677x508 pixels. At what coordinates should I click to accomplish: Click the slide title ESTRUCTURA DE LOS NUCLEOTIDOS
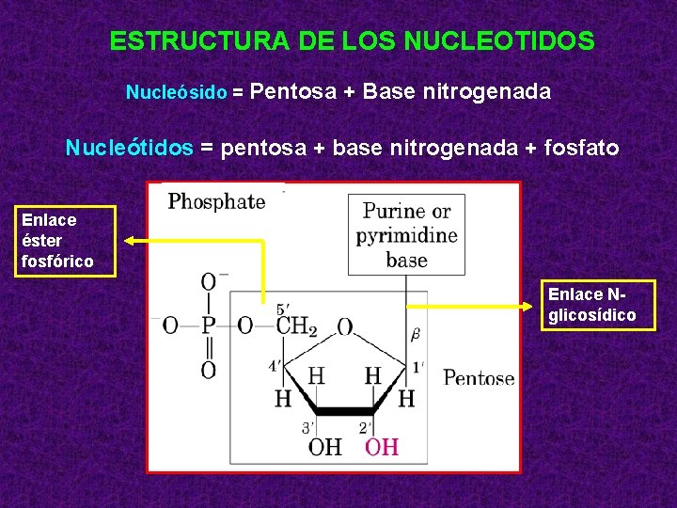click(352, 41)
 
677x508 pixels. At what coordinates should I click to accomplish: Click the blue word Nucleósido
click(177, 93)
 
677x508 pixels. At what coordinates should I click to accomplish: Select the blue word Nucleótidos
click(129, 148)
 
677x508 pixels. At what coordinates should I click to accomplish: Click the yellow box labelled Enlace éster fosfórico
click(70, 241)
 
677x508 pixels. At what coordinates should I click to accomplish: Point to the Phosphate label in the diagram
click(216, 200)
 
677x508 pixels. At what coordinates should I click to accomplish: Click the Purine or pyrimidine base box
click(406, 235)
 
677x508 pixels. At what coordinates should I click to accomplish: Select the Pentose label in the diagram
click(479, 378)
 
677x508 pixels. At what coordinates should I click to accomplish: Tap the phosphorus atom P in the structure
click(209, 325)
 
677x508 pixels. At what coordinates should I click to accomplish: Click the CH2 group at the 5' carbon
click(297, 326)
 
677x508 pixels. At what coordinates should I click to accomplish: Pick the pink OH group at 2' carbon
click(381, 447)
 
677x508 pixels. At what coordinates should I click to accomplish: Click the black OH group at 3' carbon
click(324, 447)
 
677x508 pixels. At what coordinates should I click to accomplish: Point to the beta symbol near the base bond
click(415, 333)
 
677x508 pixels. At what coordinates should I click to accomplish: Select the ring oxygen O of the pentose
click(345, 326)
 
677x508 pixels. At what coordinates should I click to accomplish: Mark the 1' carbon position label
click(417, 365)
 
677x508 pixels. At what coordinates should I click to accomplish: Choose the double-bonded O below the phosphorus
click(209, 370)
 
